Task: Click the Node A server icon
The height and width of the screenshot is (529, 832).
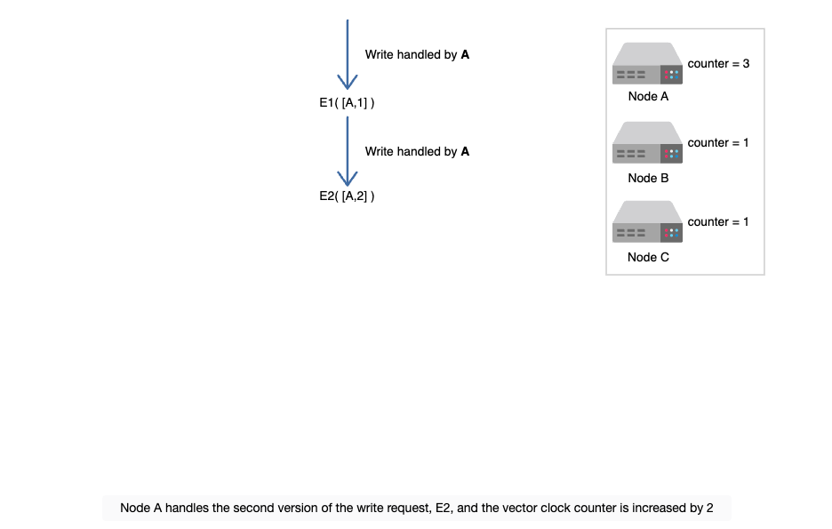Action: click(x=647, y=63)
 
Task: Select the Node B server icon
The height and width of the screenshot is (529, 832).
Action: click(x=647, y=142)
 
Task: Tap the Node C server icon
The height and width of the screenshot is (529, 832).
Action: click(x=647, y=221)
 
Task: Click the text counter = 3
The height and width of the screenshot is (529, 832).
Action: click(x=718, y=64)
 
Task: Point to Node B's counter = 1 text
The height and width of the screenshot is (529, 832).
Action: click(x=718, y=143)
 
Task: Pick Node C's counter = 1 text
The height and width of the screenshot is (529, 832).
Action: click(x=718, y=221)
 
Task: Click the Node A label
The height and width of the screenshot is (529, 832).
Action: click(x=648, y=97)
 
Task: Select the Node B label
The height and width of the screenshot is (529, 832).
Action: click(x=648, y=179)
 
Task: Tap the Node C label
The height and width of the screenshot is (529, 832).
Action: click(x=648, y=257)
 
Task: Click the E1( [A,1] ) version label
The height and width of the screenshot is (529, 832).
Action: click(x=347, y=103)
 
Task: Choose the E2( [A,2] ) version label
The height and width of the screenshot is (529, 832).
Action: click(x=347, y=196)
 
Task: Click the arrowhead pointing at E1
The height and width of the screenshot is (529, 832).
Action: click(x=348, y=83)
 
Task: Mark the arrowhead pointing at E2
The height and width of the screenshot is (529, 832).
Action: click(x=348, y=179)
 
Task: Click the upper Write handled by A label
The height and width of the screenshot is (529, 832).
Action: click(x=417, y=54)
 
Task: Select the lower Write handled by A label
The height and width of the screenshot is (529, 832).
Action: click(x=417, y=152)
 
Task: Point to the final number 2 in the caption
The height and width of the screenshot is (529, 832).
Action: click(x=709, y=509)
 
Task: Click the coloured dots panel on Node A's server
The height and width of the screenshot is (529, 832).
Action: click(x=671, y=75)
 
